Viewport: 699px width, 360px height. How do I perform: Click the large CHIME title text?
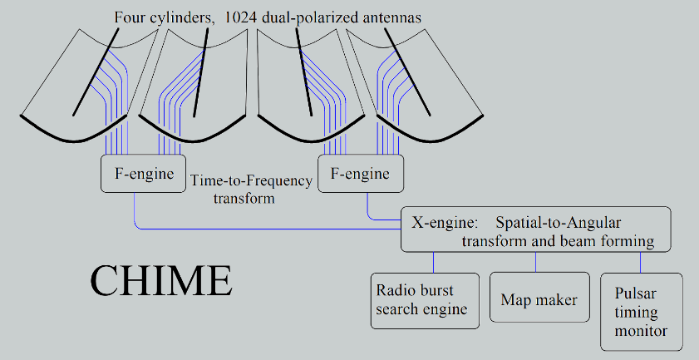161,281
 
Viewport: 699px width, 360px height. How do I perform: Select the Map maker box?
539,297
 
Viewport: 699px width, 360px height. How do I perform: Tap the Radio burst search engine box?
425,301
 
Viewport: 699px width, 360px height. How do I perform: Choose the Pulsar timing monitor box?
642,312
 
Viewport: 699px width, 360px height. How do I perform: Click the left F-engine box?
143,174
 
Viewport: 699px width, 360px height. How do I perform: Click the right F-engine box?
361,174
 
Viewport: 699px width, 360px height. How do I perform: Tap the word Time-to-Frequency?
251,181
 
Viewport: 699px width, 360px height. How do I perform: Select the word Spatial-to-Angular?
559,222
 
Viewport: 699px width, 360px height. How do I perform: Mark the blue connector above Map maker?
535,262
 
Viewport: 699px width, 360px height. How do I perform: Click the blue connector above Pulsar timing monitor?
641,263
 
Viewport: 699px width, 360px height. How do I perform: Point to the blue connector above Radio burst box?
433,263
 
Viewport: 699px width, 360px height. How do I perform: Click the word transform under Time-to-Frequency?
244,198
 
